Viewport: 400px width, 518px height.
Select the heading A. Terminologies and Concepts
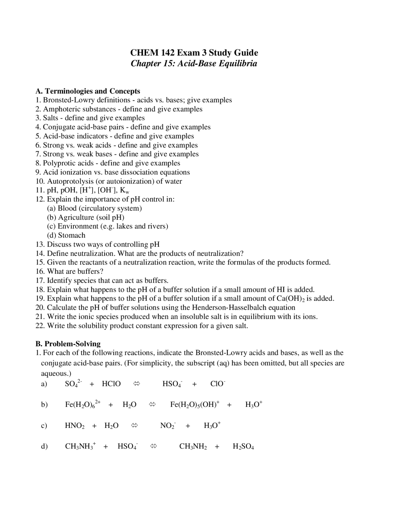point(88,91)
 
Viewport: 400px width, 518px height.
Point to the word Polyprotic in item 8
point(59,163)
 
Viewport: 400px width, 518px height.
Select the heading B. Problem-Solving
point(68,344)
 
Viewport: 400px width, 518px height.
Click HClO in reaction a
point(111,384)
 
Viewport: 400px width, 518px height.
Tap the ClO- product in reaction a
point(217,384)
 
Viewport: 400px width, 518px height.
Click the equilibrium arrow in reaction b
point(152,404)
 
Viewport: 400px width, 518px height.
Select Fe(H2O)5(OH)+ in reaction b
point(194,404)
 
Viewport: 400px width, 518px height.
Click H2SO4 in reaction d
point(243,447)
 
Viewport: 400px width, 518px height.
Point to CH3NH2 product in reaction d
point(193,447)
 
